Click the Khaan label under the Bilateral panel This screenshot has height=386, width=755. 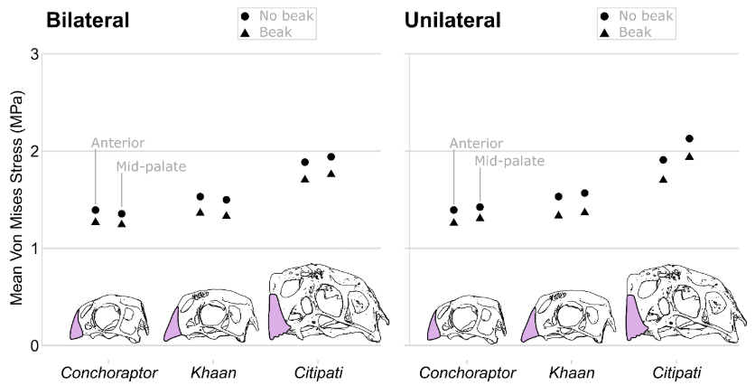coord(214,372)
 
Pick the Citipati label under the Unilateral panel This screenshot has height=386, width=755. coord(676,372)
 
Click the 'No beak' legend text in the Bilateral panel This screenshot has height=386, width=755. coord(286,16)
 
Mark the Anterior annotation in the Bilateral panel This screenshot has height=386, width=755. coord(117,143)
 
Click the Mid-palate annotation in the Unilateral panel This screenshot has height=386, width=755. coord(509,162)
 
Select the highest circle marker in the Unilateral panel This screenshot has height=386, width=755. coord(689,139)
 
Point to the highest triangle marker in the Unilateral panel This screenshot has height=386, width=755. coord(689,156)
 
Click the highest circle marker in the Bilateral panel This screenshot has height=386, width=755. coord(331,157)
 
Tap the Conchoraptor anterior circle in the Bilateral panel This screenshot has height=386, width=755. coord(96,210)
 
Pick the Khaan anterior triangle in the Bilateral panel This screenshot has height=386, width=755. coord(200,212)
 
